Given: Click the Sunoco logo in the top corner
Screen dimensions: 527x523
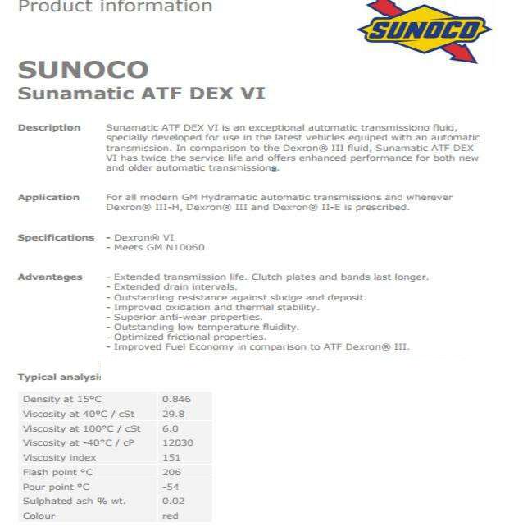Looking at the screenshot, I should click(424, 30).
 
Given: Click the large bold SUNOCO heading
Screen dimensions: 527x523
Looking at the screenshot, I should click(83, 69).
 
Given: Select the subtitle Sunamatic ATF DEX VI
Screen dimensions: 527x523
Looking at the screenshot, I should click(141, 93).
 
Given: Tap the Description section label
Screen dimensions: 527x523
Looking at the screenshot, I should click(49, 128).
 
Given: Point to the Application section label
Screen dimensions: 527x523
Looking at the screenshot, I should click(48, 198).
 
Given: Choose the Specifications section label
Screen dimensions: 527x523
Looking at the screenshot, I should click(56, 238).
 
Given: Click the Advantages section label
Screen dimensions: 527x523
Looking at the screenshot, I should click(50, 277).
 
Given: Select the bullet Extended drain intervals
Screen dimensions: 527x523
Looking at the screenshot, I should click(175, 287).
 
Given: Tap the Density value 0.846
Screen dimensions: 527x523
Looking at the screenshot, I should click(176, 400).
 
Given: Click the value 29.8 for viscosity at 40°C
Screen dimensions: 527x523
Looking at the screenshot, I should click(173, 415).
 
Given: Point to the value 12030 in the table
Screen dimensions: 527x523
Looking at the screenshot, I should click(178, 443).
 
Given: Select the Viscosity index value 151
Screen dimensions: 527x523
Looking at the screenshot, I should click(171, 458).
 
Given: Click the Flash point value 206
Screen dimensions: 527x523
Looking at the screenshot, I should click(171, 473).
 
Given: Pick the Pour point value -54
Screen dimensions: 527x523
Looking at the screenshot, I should click(171, 487).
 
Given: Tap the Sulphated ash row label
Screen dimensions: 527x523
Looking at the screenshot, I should click(74, 502).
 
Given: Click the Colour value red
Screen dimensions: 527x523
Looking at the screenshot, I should click(170, 516).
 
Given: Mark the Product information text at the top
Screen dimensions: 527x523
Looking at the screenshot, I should click(115, 7).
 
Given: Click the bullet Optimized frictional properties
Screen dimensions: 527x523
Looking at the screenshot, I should click(189, 337).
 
